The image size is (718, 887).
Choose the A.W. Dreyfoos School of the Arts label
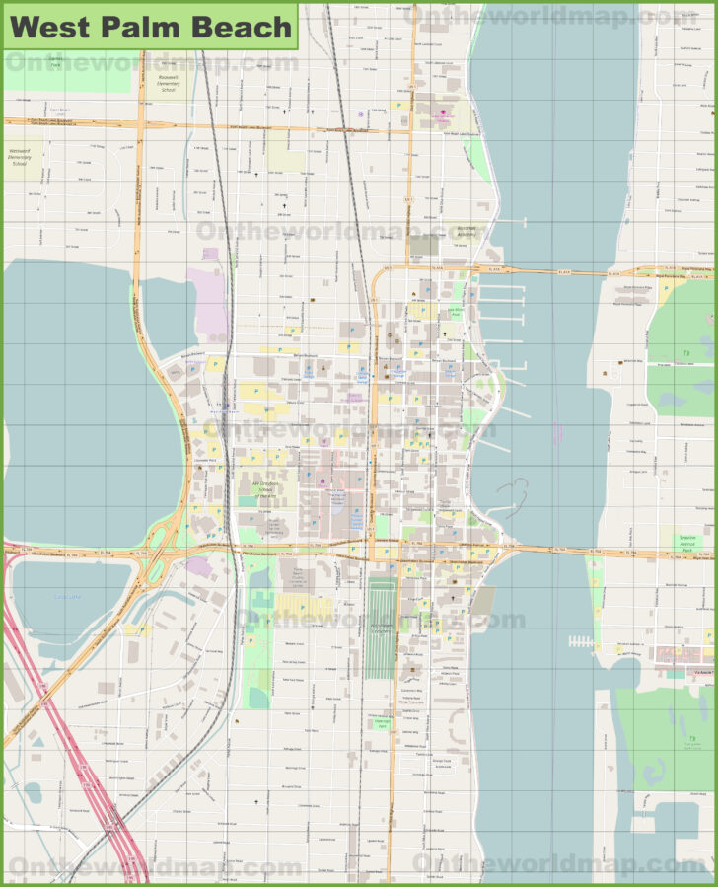258,489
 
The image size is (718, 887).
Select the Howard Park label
382,723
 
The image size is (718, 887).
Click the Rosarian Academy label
467,230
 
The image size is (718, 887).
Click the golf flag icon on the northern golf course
684,352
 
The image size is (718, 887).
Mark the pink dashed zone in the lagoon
557,432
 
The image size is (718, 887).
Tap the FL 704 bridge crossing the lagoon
552,549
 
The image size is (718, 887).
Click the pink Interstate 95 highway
59,701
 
